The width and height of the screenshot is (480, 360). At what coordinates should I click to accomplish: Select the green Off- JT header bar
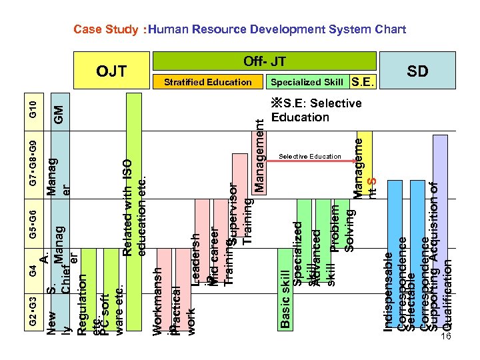click(x=265, y=61)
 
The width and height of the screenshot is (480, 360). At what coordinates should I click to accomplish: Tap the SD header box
click(x=417, y=71)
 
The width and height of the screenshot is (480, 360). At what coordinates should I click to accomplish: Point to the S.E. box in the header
click(x=363, y=82)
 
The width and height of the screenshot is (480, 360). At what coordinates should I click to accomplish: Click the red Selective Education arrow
click(x=309, y=162)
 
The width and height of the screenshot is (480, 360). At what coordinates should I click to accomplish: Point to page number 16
click(x=446, y=338)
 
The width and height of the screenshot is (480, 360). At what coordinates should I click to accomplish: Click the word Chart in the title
click(x=387, y=29)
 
